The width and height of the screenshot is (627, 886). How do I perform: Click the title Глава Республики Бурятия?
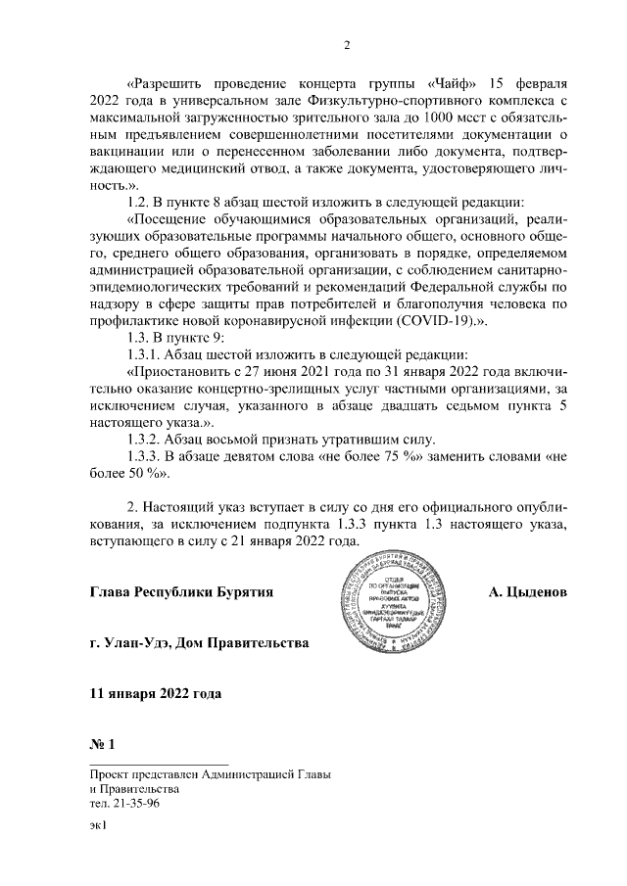[179, 592]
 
